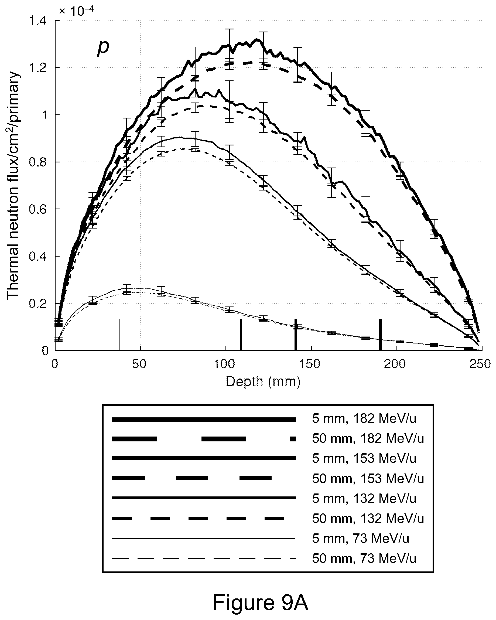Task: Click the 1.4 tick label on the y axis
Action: pos(38,21)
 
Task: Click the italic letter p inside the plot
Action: pos(103,48)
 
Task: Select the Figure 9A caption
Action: pos(260,602)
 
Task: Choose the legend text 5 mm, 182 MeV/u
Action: pos(364,419)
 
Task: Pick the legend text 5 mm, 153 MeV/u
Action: pos(364,458)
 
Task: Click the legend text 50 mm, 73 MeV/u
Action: pos(364,558)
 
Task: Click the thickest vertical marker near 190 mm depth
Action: pos(380,335)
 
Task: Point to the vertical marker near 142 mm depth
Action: pos(295,335)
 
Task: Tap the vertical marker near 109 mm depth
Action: pos(241,335)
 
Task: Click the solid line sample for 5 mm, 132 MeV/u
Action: pos(204,498)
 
